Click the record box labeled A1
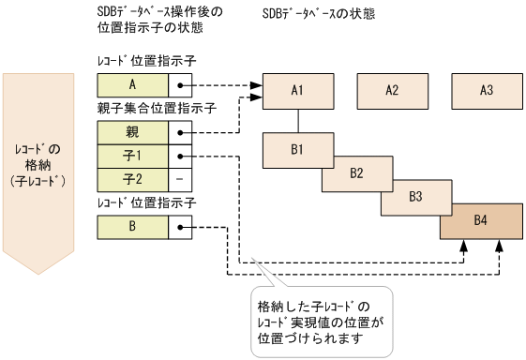[x=298, y=90]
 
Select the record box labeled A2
[x=392, y=90]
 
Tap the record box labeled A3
[x=486, y=90]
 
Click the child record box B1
[x=298, y=148]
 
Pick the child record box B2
[x=356, y=172]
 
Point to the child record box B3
[x=415, y=197]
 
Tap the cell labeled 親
[x=133, y=131]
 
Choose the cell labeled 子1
[x=133, y=155]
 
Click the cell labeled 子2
[x=133, y=177]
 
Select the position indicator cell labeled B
[x=133, y=226]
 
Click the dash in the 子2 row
[x=180, y=177]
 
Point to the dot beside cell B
[x=180, y=226]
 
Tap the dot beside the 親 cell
[x=180, y=131]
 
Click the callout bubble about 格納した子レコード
[x=321, y=321]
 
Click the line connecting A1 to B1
[x=298, y=120]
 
